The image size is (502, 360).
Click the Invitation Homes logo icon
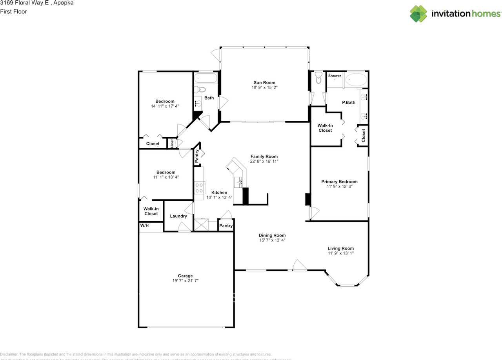pos(418,14)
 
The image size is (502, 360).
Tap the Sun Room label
pos(264,82)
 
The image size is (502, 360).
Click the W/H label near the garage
pos(145,225)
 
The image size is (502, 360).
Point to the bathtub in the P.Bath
pos(356,80)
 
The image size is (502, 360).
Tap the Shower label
pos(335,76)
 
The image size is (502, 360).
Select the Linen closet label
pos(172,143)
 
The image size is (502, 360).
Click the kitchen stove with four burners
pos(199,187)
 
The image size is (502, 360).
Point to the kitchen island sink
pos(238,182)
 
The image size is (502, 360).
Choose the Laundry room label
pos(178,216)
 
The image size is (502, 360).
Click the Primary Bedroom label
pos(339,182)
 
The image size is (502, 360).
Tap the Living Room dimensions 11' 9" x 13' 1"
pos(340,253)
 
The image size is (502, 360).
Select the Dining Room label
pos(272,235)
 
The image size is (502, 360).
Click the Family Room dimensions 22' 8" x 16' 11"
pos(264,161)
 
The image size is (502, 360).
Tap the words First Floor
pos(14,12)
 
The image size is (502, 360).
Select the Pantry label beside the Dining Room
pos(226,225)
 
